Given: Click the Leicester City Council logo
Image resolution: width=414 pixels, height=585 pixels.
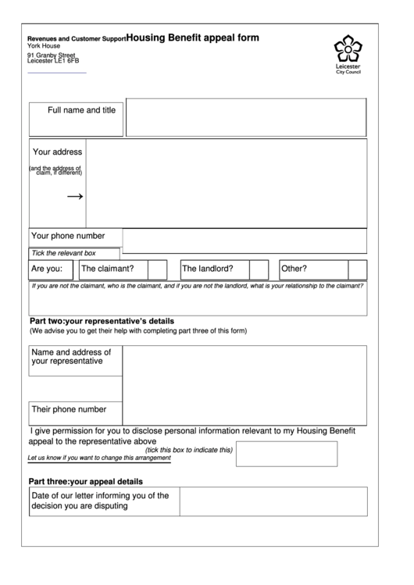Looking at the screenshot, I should [x=348, y=53].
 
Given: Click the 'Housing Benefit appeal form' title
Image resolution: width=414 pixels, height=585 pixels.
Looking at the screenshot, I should [x=192, y=37].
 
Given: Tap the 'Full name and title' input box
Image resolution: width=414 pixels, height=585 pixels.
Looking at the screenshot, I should [x=246, y=118].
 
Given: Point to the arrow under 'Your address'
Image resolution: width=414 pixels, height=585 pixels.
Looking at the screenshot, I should [x=75, y=197].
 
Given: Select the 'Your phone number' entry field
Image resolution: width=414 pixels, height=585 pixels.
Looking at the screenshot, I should [x=244, y=241].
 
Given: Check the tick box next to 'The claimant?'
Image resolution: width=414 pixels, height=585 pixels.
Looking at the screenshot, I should [x=157, y=269].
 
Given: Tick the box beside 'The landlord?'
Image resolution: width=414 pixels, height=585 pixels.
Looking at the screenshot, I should [x=259, y=269].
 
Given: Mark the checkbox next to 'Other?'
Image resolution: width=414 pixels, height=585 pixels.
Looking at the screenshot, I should [x=357, y=269].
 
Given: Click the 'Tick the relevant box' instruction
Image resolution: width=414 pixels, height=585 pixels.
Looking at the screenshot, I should [x=63, y=253].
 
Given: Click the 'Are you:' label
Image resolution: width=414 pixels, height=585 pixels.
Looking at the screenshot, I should [x=47, y=269].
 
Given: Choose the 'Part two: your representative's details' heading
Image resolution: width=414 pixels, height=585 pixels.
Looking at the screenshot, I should [x=102, y=321].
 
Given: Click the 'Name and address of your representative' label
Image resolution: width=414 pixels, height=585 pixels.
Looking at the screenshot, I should [x=71, y=357].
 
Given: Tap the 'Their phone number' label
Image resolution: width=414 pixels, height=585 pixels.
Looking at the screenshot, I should [x=69, y=409].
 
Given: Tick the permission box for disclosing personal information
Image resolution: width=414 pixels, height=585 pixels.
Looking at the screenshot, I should [x=286, y=453].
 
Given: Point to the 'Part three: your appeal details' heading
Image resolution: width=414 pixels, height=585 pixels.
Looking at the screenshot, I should [x=86, y=481].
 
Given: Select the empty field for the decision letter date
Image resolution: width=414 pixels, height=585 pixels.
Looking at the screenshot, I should [x=273, y=501].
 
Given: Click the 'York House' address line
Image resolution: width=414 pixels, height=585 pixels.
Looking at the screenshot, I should [x=43, y=45].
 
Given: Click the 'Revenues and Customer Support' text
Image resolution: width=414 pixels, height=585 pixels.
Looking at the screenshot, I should [x=76, y=38].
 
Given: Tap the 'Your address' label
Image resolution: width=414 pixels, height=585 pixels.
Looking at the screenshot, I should [x=57, y=152].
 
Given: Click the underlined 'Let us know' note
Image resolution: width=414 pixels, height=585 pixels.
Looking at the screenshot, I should [x=98, y=458].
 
